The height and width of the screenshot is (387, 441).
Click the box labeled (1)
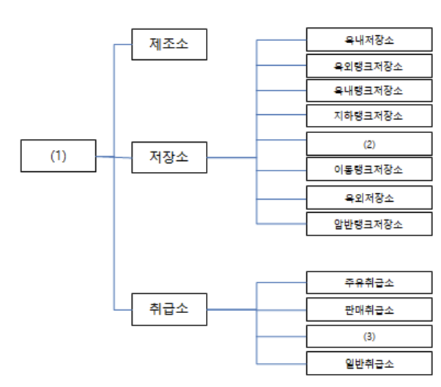point(58,156)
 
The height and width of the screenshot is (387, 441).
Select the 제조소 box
point(168,43)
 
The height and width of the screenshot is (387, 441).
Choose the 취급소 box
point(168,309)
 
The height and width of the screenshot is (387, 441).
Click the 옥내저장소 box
point(368,39)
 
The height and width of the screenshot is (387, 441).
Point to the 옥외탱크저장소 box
point(368,66)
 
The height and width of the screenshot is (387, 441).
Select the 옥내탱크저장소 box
point(368,91)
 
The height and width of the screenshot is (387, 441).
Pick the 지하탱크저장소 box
point(368,116)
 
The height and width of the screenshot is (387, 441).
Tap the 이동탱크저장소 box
point(368,170)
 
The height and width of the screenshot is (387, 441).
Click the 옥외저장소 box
point(368,198)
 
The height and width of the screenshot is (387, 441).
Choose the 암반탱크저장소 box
point(368,224)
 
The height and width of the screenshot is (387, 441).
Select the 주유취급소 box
point(368,282)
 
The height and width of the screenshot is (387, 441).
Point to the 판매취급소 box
point(368,309)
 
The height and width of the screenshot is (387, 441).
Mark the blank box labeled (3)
point(368,337)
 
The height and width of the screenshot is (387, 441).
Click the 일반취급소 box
point(368,364)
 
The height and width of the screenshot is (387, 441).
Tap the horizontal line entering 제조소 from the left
point(123,44)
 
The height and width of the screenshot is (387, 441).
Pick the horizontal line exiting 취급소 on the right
point(231,310)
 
